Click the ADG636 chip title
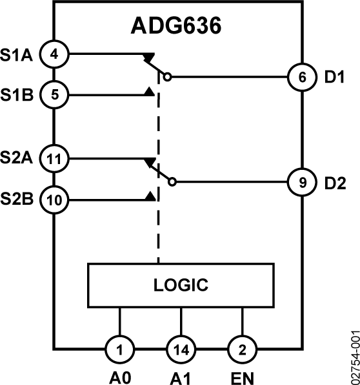coord(176,26)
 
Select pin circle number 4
coord(54,54)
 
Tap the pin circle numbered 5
coord(54,96)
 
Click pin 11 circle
coord(54,157)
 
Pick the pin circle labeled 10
coord(54,199)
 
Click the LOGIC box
coord(181,284)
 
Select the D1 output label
coord(335,77)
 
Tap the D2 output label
coord(335,182)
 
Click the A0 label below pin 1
coord(120,377)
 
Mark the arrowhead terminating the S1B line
coord(150,93)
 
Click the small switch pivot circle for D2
coord(172,182)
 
